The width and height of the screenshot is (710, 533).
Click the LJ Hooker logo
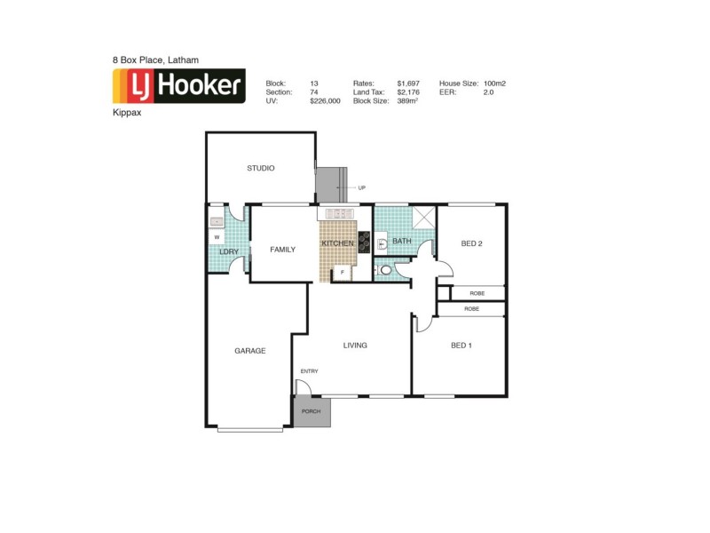[x=178, y=86]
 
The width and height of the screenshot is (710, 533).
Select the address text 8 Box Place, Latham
[x=155, y=60]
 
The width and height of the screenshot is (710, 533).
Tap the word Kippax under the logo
[x=126, y=114]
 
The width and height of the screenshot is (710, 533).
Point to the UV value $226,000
[x=325, y=101]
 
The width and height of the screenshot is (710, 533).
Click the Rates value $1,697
[x=409, y=83]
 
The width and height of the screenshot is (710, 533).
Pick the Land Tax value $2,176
[x=409, y=92]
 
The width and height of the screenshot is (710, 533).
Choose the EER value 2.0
[x=487, y=92]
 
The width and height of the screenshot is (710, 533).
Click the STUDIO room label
[x=260, y=168]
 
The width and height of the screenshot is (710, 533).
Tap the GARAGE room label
[x=249, y=351]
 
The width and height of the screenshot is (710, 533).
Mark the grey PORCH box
[x=312, y=412]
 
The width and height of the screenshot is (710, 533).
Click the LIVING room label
[x=355, y=346]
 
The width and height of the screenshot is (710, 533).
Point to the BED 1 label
[x=461, y=346]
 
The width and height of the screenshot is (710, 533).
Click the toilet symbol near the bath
[x=385, y=270]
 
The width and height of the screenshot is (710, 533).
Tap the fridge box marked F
[x=342, y=273]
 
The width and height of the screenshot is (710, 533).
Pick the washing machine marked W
[x=216, y=238]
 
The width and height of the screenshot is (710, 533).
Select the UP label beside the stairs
[x=362, y=188]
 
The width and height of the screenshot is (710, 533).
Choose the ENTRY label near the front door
[x=309, y=371]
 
